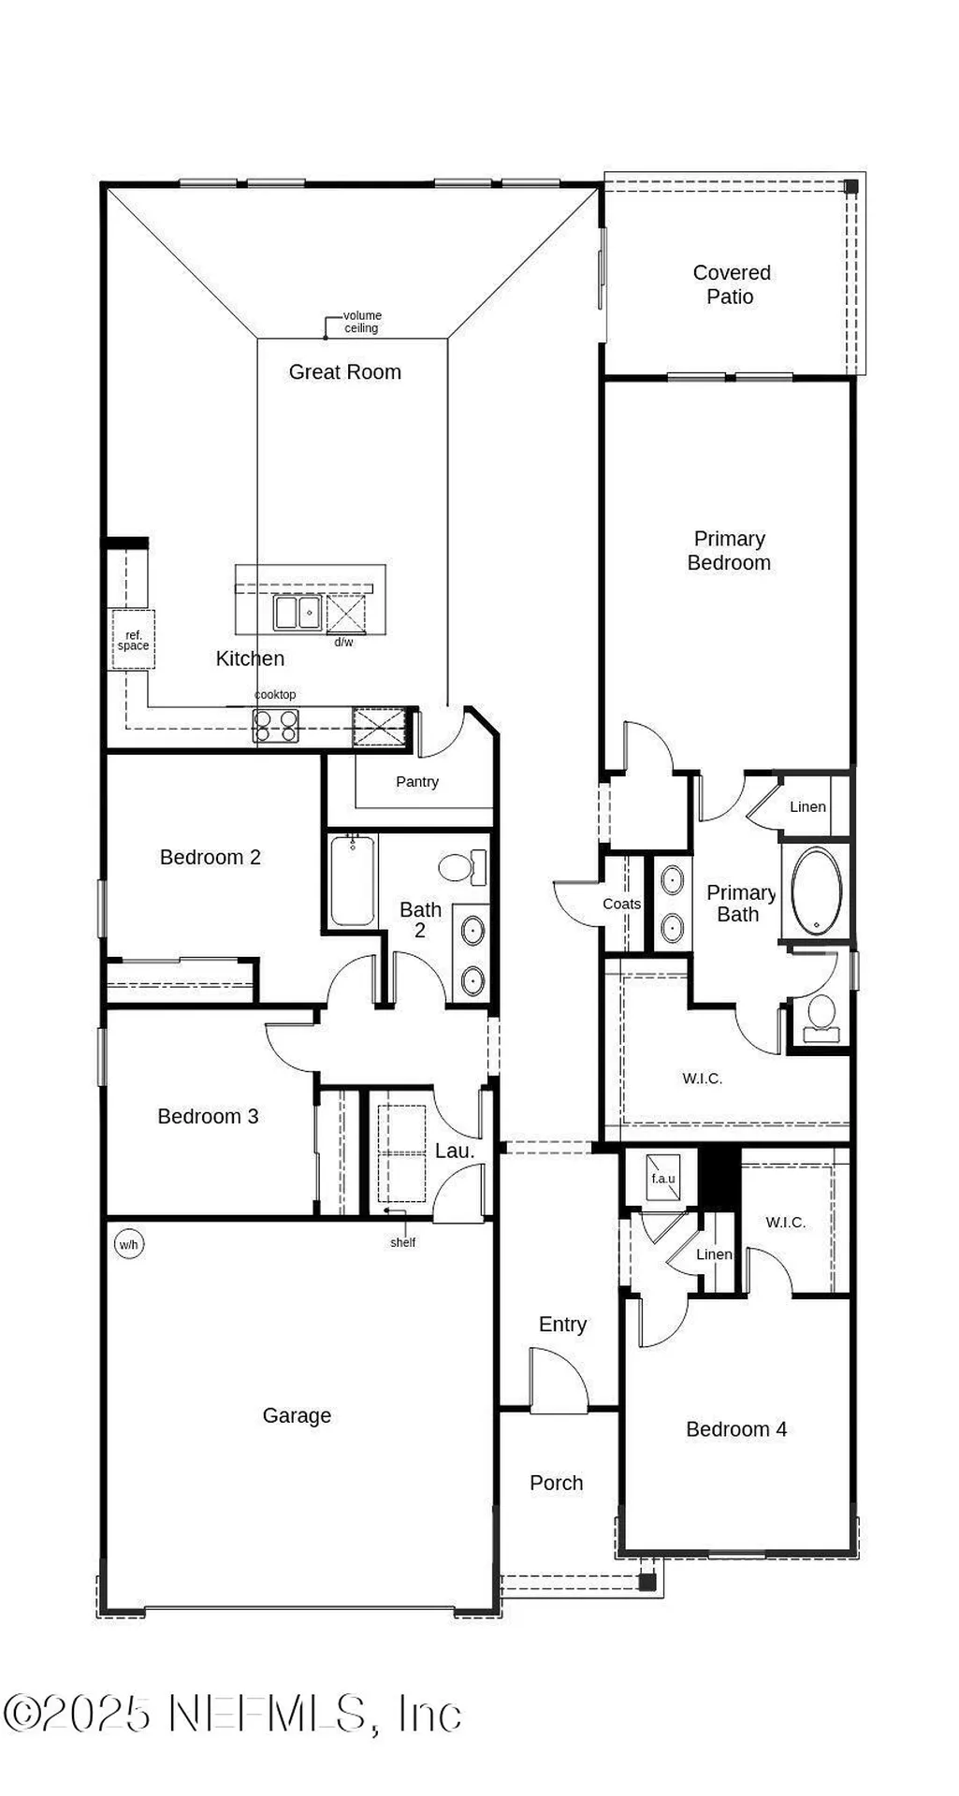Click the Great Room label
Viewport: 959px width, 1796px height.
tap(344, 372)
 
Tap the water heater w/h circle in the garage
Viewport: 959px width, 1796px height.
tap(128, 1244)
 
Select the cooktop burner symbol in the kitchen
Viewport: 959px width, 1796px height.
tap(276, 725)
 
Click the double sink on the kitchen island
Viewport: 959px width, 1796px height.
tap(298, 613)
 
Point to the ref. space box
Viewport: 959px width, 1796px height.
tap(133, 640)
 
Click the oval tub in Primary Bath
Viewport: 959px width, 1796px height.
tap(817, 891)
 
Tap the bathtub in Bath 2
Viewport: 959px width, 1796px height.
tap(352, 881)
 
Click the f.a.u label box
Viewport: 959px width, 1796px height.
tap(662, 1179)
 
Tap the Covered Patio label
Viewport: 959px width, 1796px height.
tap(731, 284)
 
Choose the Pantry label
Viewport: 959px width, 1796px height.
tap(416, 782)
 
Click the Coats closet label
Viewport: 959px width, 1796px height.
tap(621, 904)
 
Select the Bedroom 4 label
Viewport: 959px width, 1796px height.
tap(735, 1429)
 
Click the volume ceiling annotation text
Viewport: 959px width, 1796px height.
tap(361, 322)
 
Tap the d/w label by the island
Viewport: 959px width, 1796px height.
tap(343, 643)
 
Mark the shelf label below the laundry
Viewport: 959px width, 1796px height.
tap(402, 1242)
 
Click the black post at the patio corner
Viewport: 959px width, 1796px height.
tap(850, 186)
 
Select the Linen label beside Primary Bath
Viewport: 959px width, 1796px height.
tap(806, 806)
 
